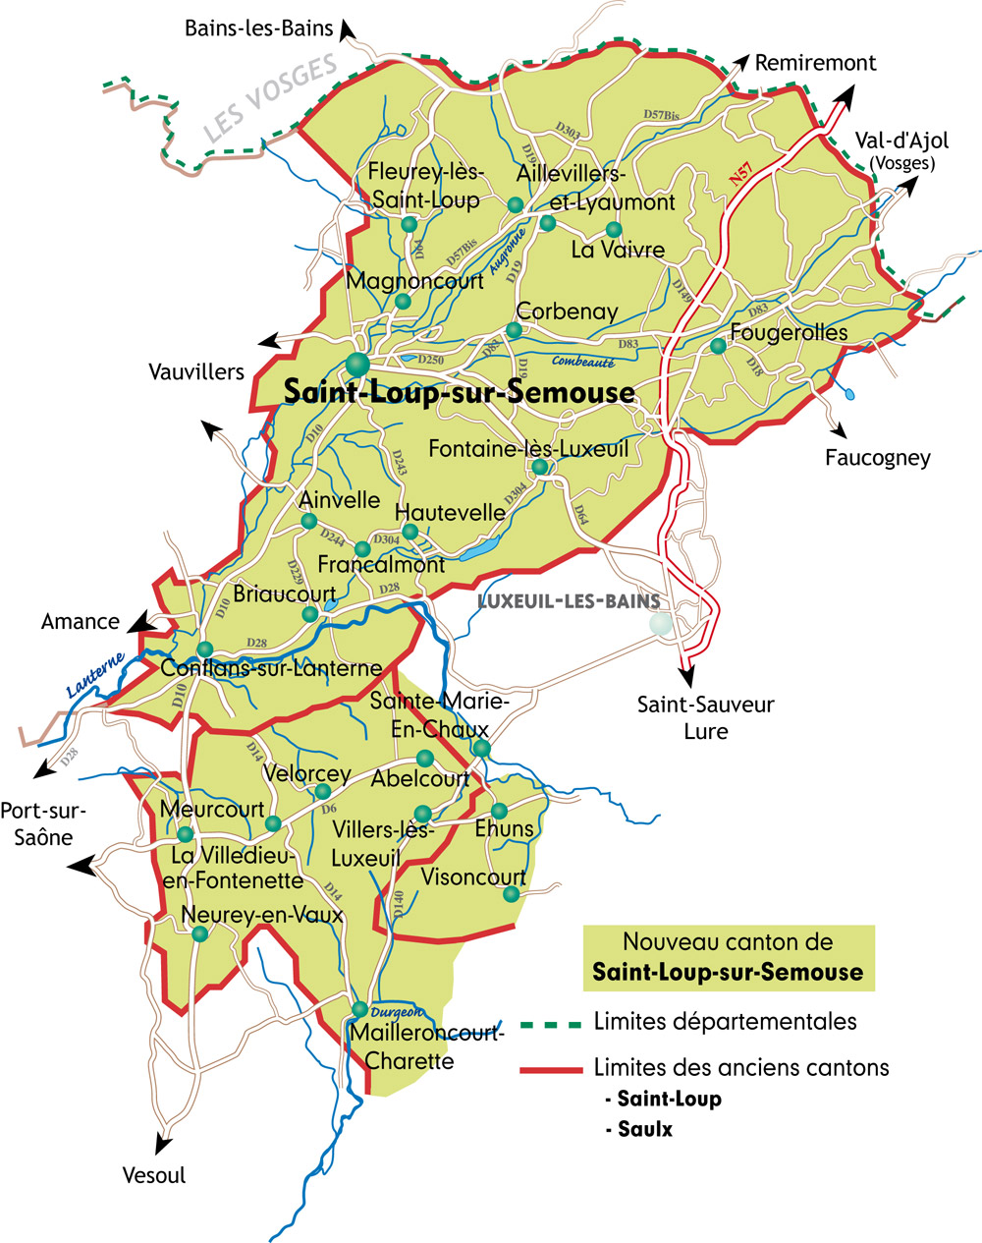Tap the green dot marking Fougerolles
(x=718, y=346)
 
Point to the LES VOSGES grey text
(x=270, y=98)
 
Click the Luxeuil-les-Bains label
(x=568, y=601)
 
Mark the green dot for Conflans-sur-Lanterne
(x=204, y=650)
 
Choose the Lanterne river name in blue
(x=95, y=677)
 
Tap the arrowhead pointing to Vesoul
(x=161, y=1144)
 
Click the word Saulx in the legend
(x=645, y=1129)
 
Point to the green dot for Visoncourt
(x=511, y=894)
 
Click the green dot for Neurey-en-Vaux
(x=199, y=934)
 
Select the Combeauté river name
(x=582, y=362)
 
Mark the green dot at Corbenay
(x=513, y=330)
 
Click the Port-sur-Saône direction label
(x=44, y=823)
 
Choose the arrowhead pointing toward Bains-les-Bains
(x=347, y=32)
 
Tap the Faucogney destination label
(x=877, y=457)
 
